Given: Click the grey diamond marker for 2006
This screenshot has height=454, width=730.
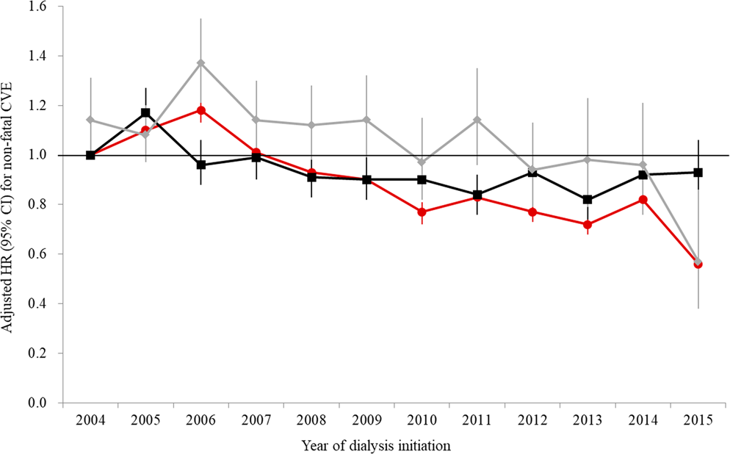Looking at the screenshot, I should (200, 63).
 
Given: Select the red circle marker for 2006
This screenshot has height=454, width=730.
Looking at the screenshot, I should (200, 110).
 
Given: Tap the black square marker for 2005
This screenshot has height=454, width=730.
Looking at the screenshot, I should (145, 112).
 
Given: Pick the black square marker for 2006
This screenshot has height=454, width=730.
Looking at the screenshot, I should (200, 165).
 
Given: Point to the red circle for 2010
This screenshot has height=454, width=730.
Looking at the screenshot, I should (422, 212).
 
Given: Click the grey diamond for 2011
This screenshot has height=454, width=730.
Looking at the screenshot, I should (477, 120).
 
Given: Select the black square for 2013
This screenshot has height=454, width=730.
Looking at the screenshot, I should (588, 199).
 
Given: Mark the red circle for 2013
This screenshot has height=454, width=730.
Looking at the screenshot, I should (588, 224).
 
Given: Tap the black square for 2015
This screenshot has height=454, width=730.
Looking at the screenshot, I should (698, 172).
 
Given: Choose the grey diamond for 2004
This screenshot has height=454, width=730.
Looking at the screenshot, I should (90, 120).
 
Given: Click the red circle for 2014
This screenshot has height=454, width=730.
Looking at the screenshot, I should (643, 199).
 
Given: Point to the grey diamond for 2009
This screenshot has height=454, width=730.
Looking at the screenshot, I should (366, 120).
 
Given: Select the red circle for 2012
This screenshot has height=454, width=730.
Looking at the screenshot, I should (532, 212).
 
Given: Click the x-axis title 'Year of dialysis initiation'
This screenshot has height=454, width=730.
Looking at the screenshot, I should (375, 444).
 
